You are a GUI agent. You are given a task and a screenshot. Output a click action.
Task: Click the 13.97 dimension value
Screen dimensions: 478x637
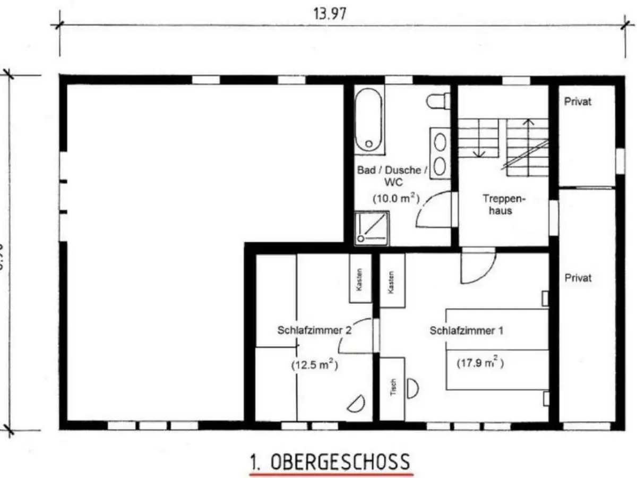[x=330, y=14]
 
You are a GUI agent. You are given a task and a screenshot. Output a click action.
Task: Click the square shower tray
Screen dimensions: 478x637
[x=372, y=228]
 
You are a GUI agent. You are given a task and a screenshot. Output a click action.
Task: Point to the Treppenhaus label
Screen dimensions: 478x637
[x=497, y=204]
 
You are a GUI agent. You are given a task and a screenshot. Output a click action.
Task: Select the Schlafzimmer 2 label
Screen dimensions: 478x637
[x=314, y=330]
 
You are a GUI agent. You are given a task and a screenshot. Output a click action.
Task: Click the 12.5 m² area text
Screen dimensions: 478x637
[x=315, y=365]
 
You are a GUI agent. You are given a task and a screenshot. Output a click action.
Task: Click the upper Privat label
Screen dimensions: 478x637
[x=578, y=101]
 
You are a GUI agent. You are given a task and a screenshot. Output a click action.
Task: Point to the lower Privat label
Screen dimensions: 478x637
[x=578, y=278]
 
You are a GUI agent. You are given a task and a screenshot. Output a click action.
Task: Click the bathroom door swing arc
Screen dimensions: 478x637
[x=433, y=210]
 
